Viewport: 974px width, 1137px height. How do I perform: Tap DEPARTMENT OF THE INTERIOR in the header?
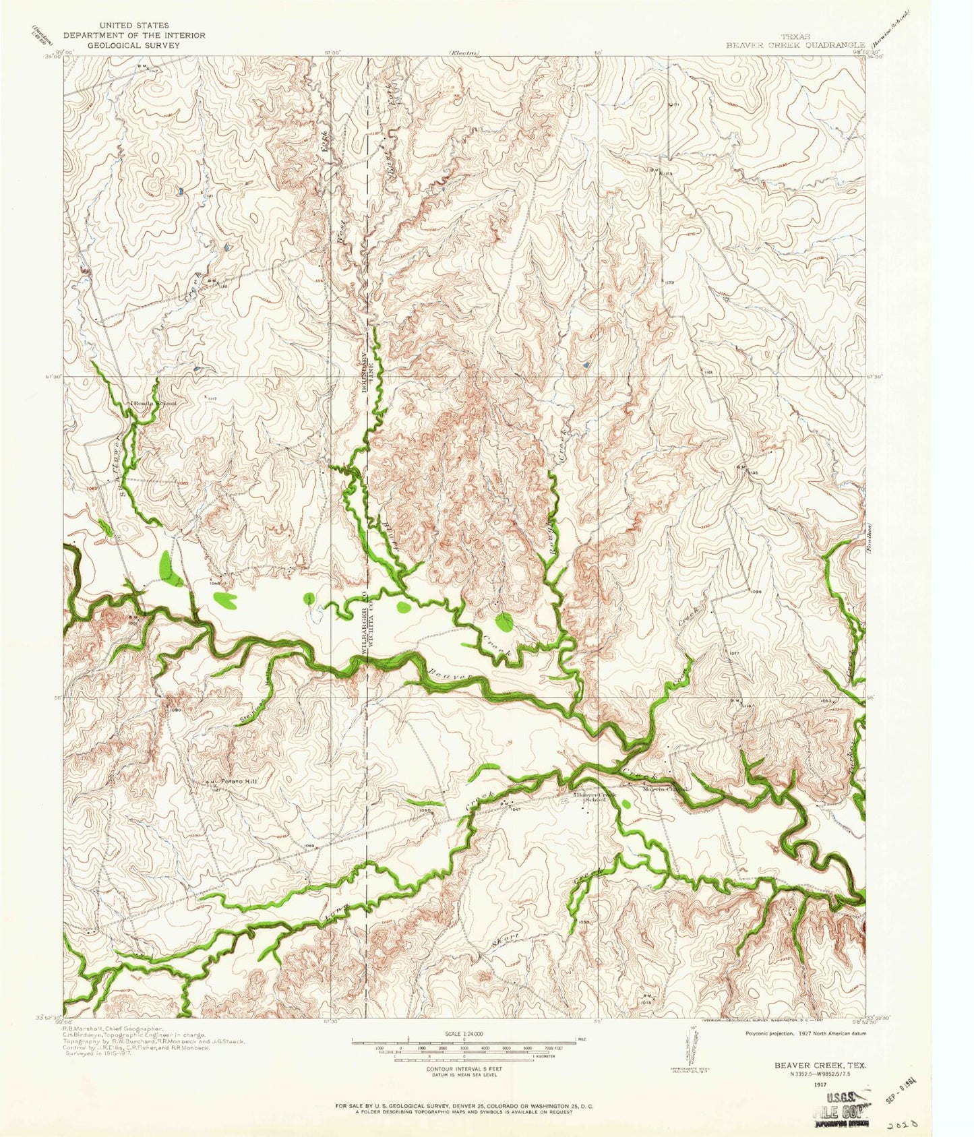coord(134,35)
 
